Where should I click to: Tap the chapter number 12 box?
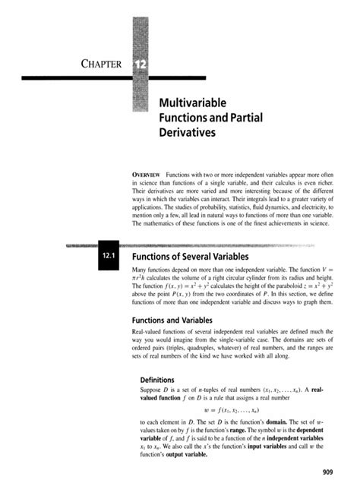(141, 63)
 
